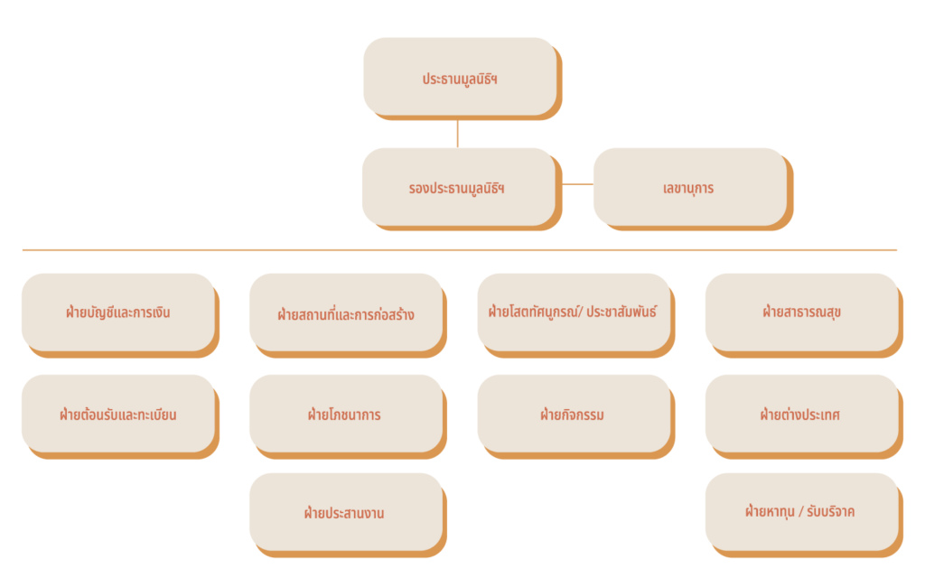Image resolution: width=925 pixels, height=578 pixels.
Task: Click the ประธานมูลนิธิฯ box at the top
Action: [459, 77]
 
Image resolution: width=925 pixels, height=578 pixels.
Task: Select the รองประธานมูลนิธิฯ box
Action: [457, 187]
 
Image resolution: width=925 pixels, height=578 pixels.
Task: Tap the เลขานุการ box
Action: [688, 187]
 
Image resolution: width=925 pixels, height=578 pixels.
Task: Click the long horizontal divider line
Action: [459, 250]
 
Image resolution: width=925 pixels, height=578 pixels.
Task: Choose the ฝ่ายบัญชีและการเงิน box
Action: [117, 312]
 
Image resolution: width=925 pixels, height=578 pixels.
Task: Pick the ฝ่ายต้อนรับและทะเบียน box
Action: [117, 415]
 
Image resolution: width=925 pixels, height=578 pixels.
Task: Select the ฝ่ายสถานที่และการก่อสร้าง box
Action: [346, 313]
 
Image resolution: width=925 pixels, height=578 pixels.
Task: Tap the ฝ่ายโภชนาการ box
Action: [346, 415]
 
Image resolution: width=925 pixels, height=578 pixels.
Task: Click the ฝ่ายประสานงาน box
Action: [346, 512]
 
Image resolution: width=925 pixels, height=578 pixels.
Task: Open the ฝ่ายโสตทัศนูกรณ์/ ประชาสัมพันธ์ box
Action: [574, 312]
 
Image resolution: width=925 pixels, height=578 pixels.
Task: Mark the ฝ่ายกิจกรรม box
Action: [574, 415]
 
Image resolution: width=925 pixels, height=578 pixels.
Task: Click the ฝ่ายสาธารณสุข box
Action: [802, 312]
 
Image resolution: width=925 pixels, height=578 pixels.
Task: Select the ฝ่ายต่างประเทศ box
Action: [802, 415]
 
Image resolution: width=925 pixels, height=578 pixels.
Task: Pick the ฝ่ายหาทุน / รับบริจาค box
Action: [802, 511]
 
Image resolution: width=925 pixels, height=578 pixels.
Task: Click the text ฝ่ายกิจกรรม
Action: [572, 415]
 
